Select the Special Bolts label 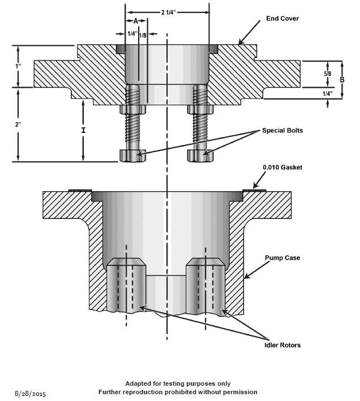point(282,130)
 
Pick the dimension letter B point(342,80)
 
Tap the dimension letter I point(83,131)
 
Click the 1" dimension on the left point(19,66)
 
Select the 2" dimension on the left point(19,124)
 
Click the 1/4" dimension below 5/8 point(327,93)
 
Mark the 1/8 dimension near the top point(143,35)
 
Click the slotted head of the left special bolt point(133,154)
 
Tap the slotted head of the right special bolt point(202,154)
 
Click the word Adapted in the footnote point(139,383)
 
